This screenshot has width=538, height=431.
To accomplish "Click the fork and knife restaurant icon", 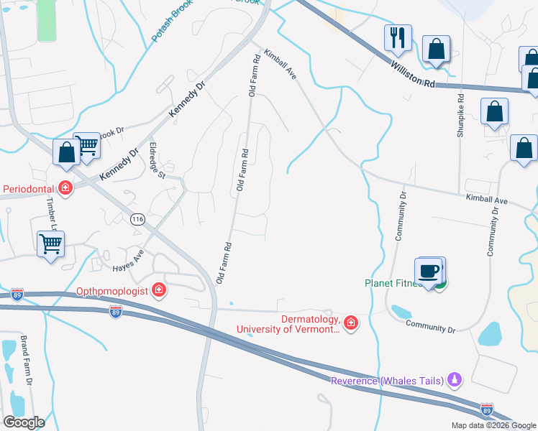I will (398, 38).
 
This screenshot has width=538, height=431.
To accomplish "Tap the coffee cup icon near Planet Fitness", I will (429, 272).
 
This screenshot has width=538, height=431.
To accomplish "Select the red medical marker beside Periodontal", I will (65, 189).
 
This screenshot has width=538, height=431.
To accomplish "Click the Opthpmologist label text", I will (112, 291).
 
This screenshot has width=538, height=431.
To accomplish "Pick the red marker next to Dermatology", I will (351, 323).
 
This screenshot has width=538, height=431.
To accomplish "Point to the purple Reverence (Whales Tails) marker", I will (454, 379).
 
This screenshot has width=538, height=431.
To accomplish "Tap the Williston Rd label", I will (414, 73).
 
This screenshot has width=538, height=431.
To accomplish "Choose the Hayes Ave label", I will (128, 261).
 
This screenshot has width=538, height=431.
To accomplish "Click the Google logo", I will (24, 422).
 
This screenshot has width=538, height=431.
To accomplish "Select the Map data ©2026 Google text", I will (493, 425).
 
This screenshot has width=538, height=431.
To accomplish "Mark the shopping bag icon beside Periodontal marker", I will (67, 152).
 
